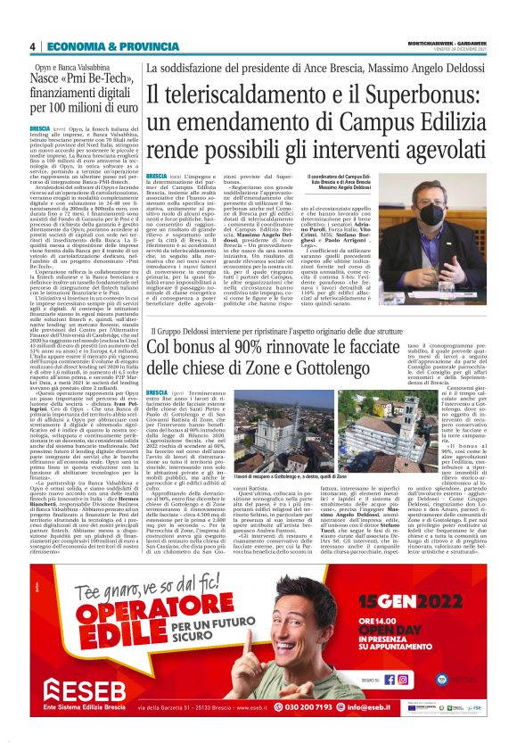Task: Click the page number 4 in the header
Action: (x=32, y=46)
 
